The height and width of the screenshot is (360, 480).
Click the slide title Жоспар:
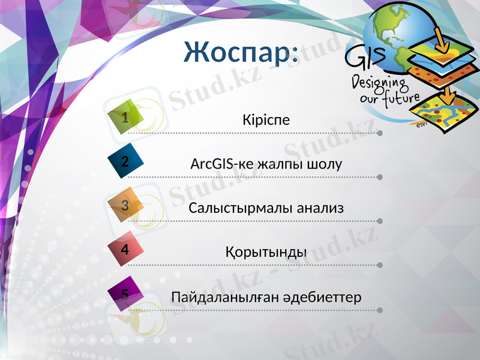(241, 53)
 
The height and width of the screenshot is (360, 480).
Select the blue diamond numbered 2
(126, 161)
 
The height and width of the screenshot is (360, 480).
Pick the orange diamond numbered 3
(126, 205)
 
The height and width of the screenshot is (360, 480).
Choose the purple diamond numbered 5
(126, 293)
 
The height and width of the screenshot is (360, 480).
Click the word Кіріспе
(266, 119)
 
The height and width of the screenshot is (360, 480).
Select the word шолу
(325, 163)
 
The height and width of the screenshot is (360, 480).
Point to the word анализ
(318, 208)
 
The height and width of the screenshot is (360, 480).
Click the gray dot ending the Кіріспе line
(380, 133)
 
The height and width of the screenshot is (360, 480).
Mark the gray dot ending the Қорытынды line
(380, 265)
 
